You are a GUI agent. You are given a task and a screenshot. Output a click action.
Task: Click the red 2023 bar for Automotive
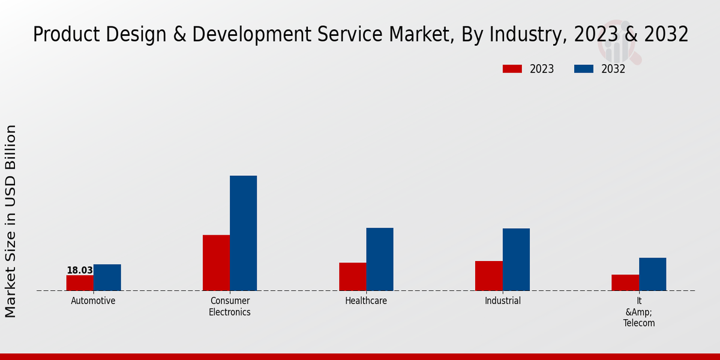pos(80,283)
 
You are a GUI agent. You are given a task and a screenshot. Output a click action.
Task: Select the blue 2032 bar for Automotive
pos(107,277)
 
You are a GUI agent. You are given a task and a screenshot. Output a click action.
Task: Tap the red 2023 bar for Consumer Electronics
pos(216,263)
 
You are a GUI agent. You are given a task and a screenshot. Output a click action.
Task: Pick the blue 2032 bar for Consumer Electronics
pos(243,233)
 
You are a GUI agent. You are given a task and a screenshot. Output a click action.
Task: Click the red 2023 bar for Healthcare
pos(352,277)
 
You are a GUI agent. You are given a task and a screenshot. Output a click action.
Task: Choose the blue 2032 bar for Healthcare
pos(380,259)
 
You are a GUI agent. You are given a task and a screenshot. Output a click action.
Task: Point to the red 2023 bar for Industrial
pos(488,276)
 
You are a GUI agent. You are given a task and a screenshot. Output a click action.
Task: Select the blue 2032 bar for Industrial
pos(516,259)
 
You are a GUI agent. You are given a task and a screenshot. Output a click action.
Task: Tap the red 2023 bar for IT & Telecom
pos(625,283)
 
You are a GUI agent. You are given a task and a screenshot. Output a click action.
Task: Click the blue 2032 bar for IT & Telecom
pos(652,274)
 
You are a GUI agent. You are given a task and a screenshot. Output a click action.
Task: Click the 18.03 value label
pos(80,271)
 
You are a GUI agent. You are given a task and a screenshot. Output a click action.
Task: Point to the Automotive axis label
pos(93,301)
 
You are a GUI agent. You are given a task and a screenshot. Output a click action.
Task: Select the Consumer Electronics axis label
pos(230,306)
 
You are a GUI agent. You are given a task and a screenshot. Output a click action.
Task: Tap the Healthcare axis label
pos(366,301)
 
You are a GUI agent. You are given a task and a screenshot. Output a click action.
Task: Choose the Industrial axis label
pos(503,301)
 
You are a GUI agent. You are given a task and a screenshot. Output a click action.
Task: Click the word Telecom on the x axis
pos(639,323)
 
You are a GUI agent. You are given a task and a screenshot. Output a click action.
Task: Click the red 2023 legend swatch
pos(512,69)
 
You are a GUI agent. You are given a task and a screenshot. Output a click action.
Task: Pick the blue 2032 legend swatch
pos(583,69)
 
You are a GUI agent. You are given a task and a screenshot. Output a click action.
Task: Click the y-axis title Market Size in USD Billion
pos(11,221)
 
